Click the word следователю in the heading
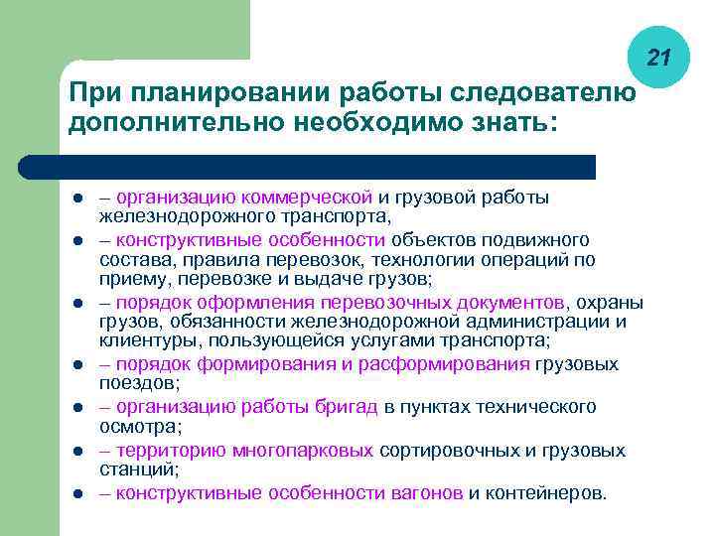coord(543,92)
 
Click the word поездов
coord(137,382)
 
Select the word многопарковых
coord(304,451)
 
